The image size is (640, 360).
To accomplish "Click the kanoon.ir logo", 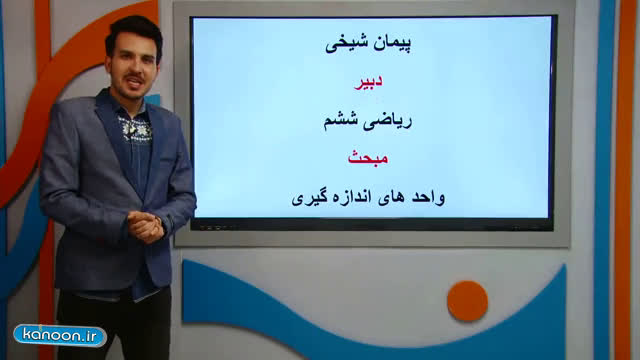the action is [60, 336].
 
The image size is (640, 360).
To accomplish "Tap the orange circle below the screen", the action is [467, 301].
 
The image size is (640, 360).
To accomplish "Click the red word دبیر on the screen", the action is [368, 81].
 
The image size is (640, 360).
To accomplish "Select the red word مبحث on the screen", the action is [368, 158].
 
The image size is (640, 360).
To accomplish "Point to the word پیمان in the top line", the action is [392, 43].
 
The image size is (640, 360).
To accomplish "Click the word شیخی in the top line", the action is [347, 44].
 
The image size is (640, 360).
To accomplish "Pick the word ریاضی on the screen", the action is [388, 122].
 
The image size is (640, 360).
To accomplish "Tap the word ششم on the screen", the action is [341, 122].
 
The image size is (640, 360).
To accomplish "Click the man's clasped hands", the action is [145, 227].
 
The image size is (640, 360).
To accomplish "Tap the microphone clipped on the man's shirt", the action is [131, 129].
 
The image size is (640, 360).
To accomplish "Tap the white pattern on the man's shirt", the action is [135, 130].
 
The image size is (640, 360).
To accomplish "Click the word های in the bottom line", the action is [391, 198].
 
